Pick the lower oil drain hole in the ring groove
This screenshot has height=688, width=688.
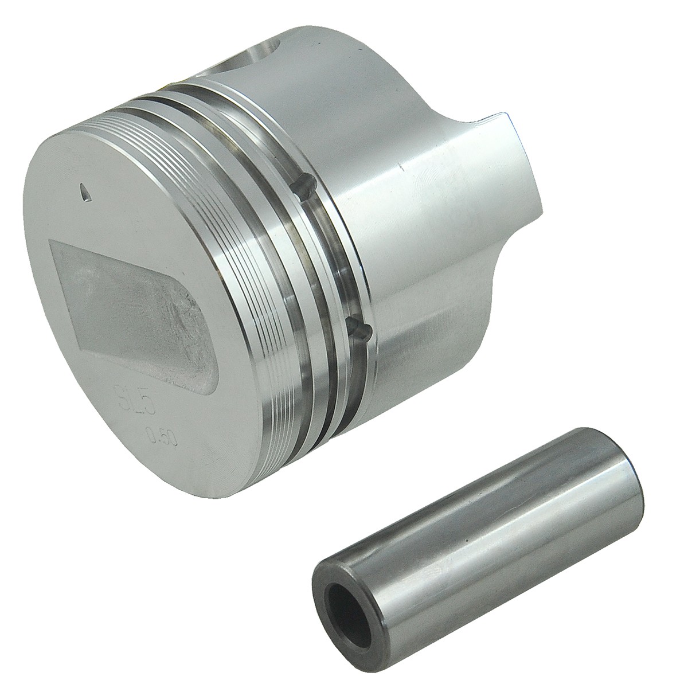[x=359, y=331]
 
